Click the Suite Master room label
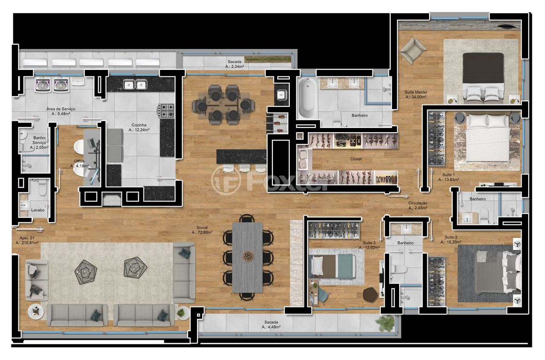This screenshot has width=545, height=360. (416, 92)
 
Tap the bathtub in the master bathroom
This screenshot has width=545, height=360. (307, 98)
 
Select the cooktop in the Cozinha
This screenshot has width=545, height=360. (166, 111)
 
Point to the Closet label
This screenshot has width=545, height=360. (356, 159)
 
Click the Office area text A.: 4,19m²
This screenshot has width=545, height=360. (80, 166)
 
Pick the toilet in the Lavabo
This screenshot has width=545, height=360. (42, 187)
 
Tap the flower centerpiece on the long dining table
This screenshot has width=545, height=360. (248, 256)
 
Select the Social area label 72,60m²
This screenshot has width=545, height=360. (202, 232)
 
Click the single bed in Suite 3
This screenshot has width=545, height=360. (332, 266)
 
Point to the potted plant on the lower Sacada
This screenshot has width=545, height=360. (386, 323)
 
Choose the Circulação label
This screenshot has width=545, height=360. (418, 203)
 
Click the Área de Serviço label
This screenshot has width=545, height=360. (61, 109)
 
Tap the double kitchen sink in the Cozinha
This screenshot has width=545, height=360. (135, 84)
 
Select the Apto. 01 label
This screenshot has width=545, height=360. (27, 238)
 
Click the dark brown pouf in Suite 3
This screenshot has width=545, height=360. (371, 295)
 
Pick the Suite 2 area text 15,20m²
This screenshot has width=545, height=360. (451, 242)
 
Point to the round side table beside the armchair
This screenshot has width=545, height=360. (36, 312)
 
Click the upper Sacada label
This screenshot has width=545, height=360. (235, 61)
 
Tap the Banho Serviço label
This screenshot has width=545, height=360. (39, 140)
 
